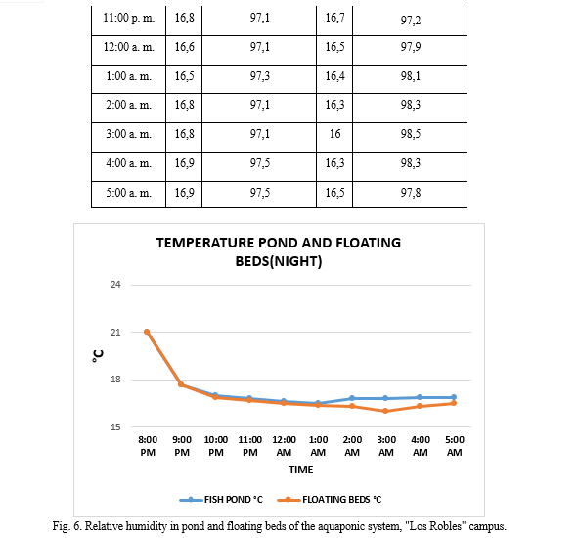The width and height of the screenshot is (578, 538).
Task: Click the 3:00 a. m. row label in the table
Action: point(129,134)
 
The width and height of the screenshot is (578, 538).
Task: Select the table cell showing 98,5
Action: point(411,134)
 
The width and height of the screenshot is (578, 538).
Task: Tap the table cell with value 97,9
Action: point(411,47)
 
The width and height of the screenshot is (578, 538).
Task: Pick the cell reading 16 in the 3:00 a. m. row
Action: point(334,134)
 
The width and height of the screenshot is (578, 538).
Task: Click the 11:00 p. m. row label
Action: point(129,18)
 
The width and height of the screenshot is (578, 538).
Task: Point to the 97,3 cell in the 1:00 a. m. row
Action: point(259,76)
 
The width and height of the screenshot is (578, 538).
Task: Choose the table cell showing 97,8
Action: point(411,193)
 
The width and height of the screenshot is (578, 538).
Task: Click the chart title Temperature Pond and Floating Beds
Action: point(279,251)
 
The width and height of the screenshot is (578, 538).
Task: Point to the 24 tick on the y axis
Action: point(115,285)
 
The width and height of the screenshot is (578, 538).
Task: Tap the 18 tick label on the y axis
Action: point(115,380)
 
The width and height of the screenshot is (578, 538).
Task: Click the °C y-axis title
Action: point(98,356)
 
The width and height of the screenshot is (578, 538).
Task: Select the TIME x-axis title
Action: point(301,470)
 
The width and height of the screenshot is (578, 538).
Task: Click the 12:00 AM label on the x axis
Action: point(284,446)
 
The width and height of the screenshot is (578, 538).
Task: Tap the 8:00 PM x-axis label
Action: point(148,446)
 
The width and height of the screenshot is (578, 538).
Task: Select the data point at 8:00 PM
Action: point(147,332)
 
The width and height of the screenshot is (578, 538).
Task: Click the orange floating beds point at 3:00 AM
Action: point(385,411)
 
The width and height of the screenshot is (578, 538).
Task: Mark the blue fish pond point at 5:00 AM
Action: point(454,397)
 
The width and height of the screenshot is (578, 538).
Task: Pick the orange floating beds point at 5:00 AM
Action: point(454,403)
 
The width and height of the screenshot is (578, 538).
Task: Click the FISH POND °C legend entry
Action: point(221,500)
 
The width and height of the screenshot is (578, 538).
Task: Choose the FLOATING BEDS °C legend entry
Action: point(330,500)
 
